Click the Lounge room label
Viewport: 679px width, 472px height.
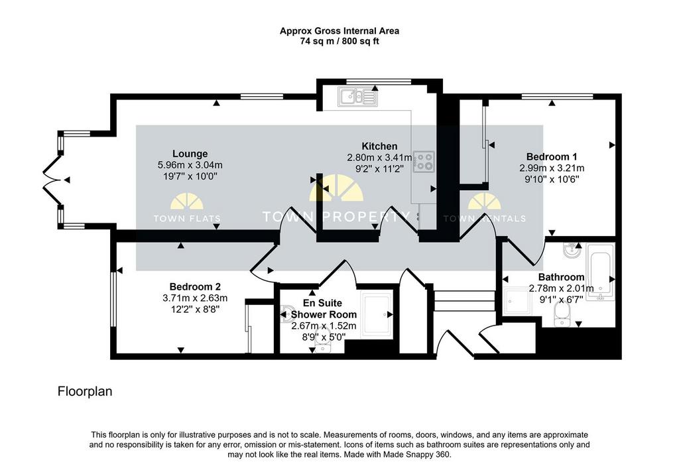pos(190,154)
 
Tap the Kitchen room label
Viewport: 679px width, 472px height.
pos(379,147)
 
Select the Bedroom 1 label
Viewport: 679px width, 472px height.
pos(552,156)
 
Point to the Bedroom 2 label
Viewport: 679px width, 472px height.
pos(195,286)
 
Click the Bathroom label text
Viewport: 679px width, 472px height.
pos(561,277)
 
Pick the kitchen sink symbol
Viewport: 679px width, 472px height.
pos(357,97)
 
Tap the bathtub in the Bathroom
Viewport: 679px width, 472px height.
pos(600,272)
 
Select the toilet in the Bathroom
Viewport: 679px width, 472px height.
pos(562,315)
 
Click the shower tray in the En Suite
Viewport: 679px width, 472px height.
pos(377,315)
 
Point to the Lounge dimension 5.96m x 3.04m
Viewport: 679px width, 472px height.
pos(190,165)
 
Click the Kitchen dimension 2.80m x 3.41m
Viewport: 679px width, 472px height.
pos(380,158)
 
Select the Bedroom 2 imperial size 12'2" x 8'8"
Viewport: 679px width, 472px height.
pos(195,309)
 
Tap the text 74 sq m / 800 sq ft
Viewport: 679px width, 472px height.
pos(339,42)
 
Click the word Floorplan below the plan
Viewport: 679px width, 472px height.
pos(85,392)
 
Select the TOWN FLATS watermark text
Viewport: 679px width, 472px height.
pos(187,219)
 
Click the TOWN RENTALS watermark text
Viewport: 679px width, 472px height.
pos(485,219)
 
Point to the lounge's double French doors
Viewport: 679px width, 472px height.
pos(52,180)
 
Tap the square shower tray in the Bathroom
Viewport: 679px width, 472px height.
pos(517,302)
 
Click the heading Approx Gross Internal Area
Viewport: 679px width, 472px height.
pos(339,31)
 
